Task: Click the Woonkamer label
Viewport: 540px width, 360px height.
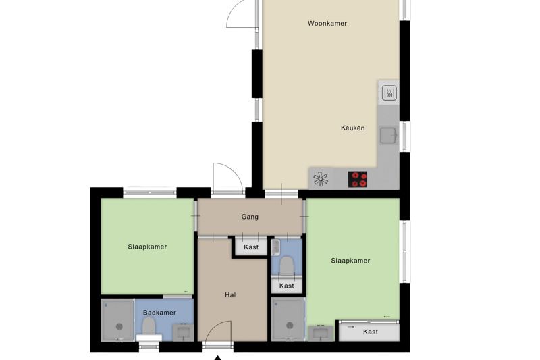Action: coord(327,24)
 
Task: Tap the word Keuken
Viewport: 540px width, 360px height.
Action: coord(352,128)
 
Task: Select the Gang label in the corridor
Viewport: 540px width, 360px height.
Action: coord(250,217)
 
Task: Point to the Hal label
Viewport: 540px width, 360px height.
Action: coord(230,295)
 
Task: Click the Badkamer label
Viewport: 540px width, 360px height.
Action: coord(159,313)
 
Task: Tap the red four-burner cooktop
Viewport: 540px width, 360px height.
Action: coord(358,179)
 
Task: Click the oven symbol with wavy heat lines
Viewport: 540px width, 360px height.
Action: coord(389,93)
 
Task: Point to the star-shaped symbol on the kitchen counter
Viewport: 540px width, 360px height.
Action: coord(321,179)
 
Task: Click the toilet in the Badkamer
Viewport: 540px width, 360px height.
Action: coord(148,326)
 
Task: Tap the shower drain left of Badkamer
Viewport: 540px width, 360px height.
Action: coord(119,326)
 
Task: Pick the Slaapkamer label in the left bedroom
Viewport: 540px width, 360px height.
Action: coord(147,247)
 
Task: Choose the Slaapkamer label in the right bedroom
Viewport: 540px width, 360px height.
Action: coord(350,261)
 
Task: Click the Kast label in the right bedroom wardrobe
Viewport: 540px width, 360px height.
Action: coord(371,332)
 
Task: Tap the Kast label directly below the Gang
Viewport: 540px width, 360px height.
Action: coord(251,247)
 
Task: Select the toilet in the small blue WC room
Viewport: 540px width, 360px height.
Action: coord(286,266)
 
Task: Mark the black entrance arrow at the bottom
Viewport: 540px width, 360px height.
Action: coord(217,358)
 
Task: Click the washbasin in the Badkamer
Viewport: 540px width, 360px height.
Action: coord(183,332)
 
